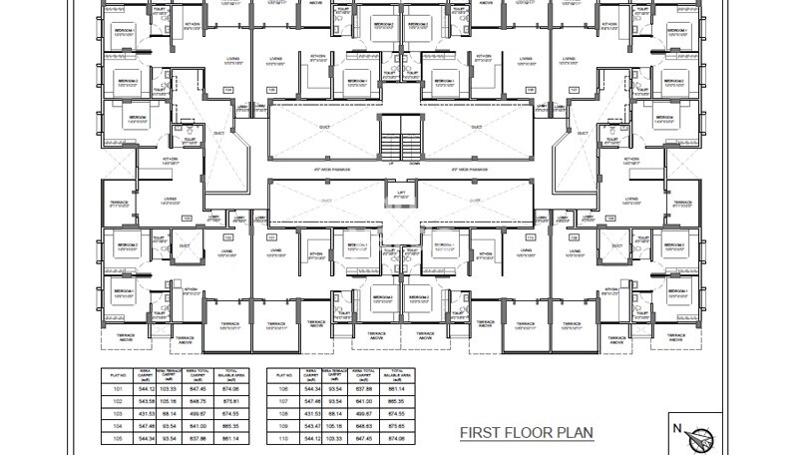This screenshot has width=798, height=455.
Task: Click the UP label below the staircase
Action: pos(391,163)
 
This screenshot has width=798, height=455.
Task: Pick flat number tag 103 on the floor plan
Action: pos(186,219)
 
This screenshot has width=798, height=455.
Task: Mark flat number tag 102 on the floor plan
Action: pos(226,237)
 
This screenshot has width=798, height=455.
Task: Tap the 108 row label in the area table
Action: pos(283,412)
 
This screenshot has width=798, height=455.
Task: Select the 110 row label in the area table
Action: pos(283,437)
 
